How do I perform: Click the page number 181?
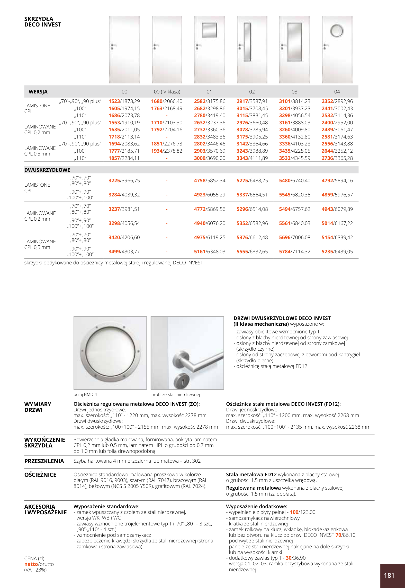tap(389, 575)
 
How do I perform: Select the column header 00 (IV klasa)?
tap(167, 92)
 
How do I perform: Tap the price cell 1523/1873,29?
tap(124, 101)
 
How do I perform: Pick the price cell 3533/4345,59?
tap(294, 158)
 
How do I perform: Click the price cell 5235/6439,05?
tap(337, 252)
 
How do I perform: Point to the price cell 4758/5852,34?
tap(209, 180)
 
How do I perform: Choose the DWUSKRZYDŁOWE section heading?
tap(47, 170)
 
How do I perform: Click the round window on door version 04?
tap(337, 31)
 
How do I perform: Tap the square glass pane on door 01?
tap(209, 30)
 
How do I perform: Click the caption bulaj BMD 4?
tap(85, 394)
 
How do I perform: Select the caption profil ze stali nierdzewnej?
tap(175, 394)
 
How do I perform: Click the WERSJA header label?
tap(38, 92)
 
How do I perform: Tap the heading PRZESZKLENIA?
tap(44, 461)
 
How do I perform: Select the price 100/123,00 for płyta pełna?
tap(302, 512)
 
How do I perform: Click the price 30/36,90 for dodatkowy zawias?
tap(295, 558)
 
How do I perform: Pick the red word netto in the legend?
tap(31, 564)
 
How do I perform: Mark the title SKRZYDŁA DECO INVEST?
tap(43, 22)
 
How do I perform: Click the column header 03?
tap(294, 92)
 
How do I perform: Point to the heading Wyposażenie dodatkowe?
tap(256, 506)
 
